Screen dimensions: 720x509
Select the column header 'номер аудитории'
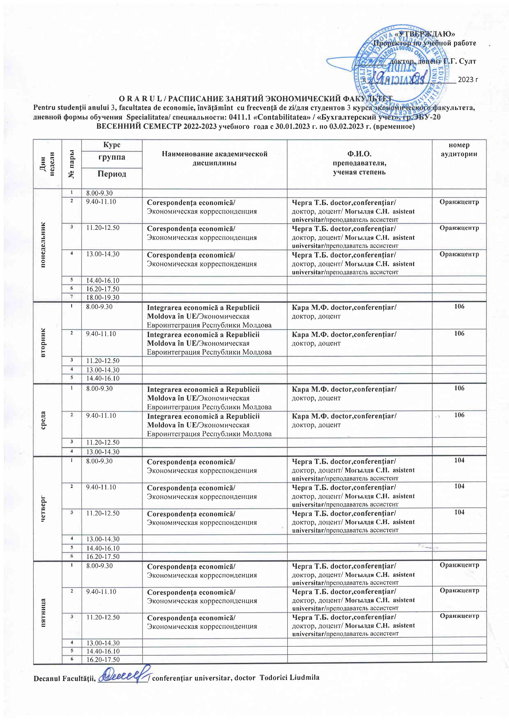459,150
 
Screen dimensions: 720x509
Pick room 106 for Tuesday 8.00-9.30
459,306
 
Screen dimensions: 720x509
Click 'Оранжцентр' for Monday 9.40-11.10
459,202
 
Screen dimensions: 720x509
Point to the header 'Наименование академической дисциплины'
214,158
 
